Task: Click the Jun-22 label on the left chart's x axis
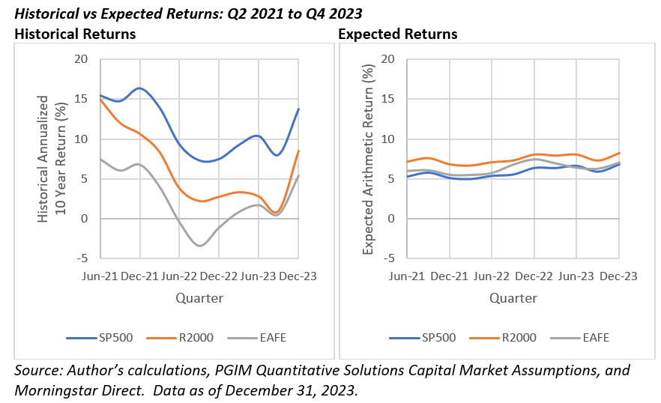click(x=180, y=276)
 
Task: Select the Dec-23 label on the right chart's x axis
click(x=619, y=276)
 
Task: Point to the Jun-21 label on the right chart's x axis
click(x=408, y=276)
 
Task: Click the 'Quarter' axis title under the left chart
click(x=199, y=298)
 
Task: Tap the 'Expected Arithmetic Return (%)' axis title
click(x=367, y=160)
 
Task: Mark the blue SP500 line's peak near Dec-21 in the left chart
click(x=139, y=88)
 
